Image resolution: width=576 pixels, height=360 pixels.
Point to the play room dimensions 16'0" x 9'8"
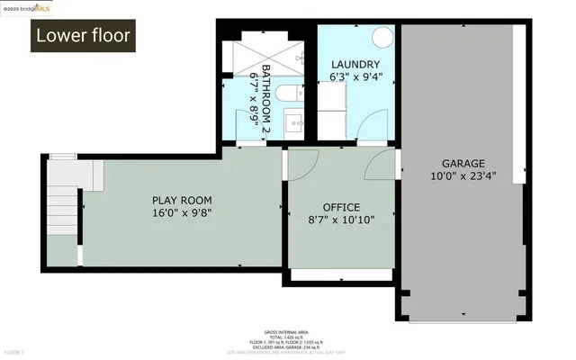coord(182,214)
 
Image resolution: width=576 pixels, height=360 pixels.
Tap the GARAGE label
coord(461,163)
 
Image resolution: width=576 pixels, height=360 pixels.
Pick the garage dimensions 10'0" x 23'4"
coord(461,176)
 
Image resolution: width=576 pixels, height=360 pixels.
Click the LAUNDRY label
coord(356,64)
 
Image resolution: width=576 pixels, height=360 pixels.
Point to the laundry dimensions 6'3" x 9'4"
coord(356,77)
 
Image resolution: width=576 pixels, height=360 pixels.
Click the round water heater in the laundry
coord(382,38)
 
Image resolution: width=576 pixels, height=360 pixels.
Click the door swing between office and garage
coord(382,165)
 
